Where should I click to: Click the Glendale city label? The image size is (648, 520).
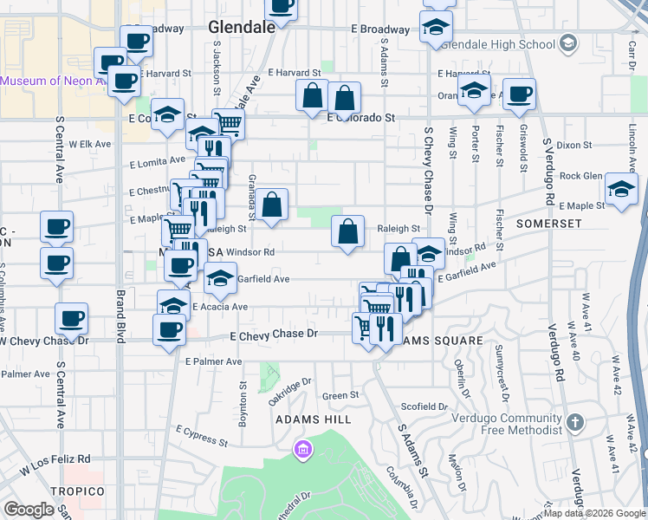coord(242,27)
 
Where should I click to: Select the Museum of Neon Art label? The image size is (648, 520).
coord(52,81)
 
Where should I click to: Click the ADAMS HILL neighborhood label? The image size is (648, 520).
coord(313,419)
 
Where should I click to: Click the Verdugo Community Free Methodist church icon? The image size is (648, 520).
coord(574,424)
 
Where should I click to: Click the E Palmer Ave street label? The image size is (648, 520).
coord(213,361)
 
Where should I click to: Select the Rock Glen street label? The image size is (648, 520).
coord(580,176)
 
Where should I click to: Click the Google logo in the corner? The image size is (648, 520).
coord(29,510)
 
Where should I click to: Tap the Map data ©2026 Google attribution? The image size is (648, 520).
coord(595,513)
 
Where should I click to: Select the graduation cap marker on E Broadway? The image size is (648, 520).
coord(436,26)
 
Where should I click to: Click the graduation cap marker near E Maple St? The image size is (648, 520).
coord(621,190)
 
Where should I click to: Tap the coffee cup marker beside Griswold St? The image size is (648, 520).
coord(520,94)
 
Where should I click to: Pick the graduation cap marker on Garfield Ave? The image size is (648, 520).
coord(220,278)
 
